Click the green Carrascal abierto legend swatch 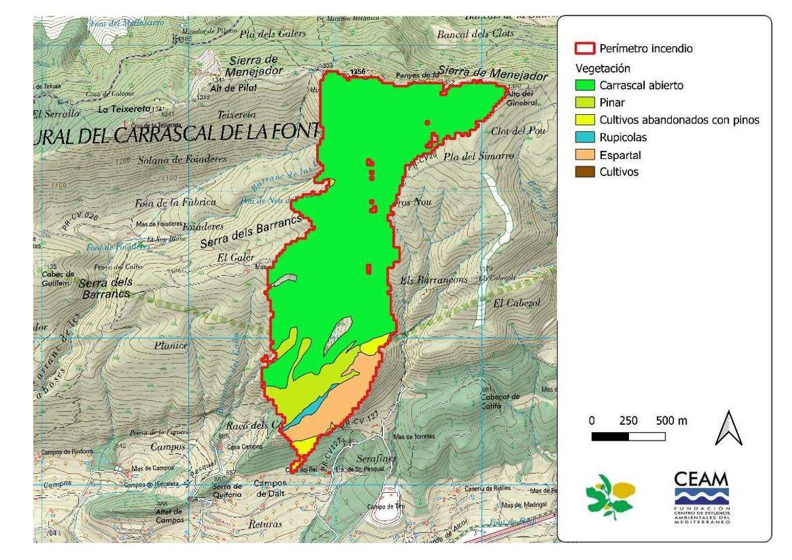[x=583, y=85]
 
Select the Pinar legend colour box [x=583, y=102]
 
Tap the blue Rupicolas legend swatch [x=583, y=138]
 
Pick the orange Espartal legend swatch [x=583, y=155]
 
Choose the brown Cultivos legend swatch [x=583, y=172]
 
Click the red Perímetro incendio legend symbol [x=583, y=49]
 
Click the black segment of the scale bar [x=610, y=437]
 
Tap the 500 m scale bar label [x=672, y=421]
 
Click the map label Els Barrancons [x=434, y=280]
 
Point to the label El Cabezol [x=516, y=303]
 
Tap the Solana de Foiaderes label [x=182, y=160]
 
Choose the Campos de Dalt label [x=270, y=488]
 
